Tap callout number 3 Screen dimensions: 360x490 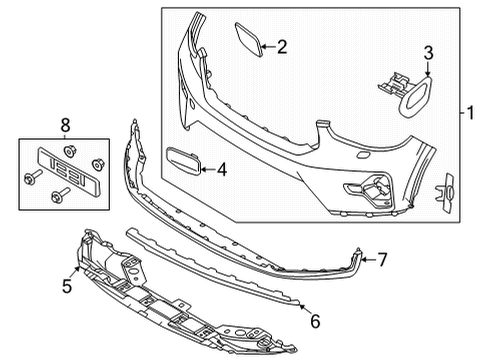(428, 53)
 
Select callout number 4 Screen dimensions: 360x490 (221, 171)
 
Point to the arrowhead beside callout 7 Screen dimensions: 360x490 (361, 258)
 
